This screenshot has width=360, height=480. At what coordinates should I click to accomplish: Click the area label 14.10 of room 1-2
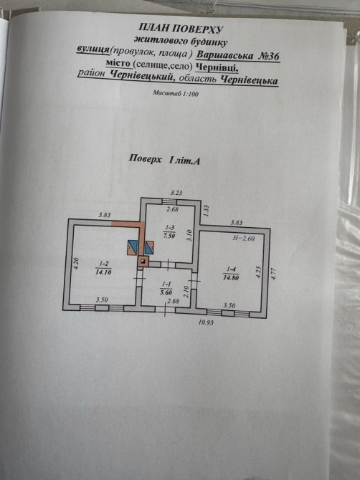[x=103, y=272]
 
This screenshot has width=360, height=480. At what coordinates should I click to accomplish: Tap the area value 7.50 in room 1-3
[x=169, y=235]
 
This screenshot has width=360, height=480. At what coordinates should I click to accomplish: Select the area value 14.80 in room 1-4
[x=231, y=278]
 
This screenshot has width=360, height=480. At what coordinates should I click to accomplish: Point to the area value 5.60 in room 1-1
[x=166, y=292]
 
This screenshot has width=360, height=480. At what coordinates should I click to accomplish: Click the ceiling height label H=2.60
[x=244, y=238]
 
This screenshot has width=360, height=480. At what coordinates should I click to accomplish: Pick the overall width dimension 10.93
[x=206, y=322]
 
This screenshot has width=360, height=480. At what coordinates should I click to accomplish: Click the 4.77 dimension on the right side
[x=274, y=274]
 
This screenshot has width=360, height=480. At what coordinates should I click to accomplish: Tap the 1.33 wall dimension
[x=206, y=211]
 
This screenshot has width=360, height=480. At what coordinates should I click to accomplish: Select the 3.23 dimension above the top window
[x=176, y=193]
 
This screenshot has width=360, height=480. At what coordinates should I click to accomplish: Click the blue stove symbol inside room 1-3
[x=149, y=248]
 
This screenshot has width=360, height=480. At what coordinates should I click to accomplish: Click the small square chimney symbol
[x=143, y=261]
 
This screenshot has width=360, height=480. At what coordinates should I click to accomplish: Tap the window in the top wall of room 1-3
[x=169, y=201]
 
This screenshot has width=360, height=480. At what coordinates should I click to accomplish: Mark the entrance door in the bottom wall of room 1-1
[x=165, y=309]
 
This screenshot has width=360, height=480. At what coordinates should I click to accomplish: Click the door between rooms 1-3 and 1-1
[x=168, y=264]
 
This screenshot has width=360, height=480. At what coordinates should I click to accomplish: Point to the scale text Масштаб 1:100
[x=176, y=93]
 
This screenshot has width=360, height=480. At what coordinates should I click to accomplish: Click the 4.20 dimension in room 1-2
[x=77, y=264]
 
